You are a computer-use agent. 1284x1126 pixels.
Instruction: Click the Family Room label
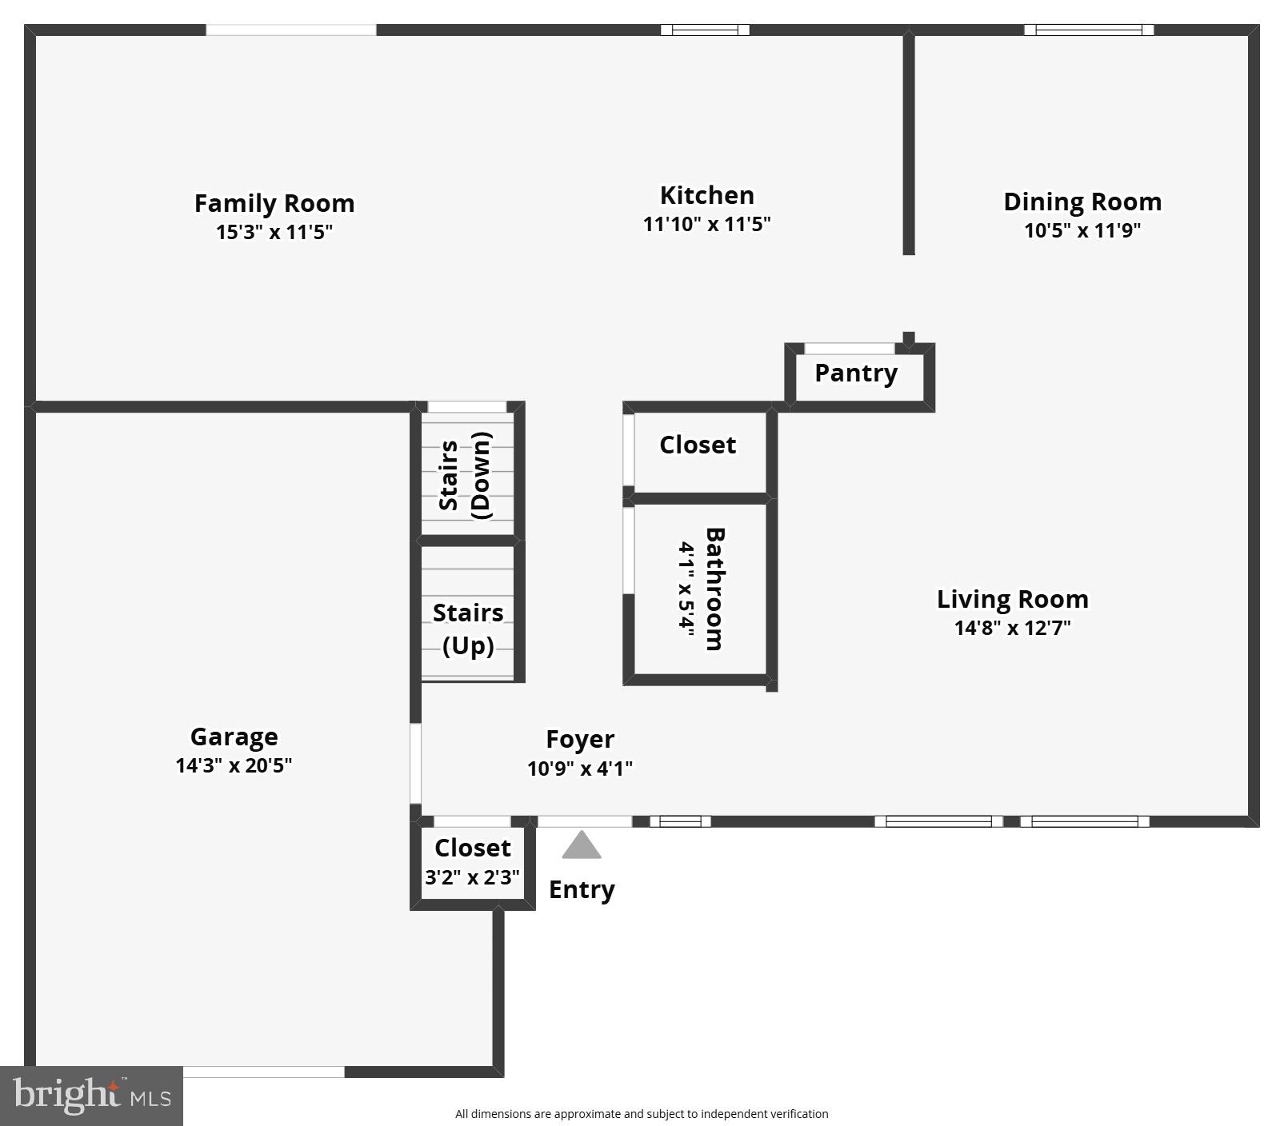274,203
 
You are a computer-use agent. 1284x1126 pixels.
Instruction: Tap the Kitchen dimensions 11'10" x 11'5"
706,224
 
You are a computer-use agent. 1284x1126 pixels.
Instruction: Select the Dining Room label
1082,202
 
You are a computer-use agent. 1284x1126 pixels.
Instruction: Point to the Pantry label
856,373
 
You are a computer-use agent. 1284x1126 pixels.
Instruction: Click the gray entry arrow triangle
582,845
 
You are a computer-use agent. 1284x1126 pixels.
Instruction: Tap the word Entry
582,889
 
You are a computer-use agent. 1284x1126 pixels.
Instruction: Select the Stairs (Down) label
466,476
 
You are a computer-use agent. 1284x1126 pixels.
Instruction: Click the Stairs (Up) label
468,629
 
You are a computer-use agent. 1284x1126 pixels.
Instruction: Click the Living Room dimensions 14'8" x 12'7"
1012,628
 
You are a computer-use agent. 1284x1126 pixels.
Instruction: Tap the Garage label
234,737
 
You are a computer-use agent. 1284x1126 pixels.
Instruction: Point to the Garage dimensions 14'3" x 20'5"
234,765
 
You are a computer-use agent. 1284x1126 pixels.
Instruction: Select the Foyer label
580,739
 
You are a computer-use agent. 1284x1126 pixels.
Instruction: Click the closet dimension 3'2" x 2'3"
472,877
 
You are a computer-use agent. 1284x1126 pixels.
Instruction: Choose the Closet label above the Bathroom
698,445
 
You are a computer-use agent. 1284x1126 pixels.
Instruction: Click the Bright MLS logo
91,1096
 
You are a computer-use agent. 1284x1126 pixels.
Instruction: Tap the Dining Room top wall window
1089,30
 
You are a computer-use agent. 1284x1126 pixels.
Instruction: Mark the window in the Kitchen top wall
705,30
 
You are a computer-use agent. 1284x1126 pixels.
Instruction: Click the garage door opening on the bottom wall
264,1072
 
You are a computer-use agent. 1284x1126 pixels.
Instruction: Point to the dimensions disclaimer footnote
642,1113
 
